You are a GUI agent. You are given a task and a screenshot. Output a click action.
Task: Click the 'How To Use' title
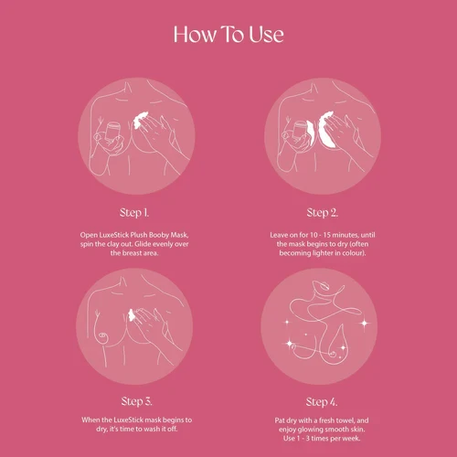coord(228,34)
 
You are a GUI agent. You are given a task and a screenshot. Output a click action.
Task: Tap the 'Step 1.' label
coord(134,213)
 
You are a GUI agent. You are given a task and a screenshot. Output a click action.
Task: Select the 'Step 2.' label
coord(323,213)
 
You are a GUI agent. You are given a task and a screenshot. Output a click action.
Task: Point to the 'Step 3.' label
coord(136,401)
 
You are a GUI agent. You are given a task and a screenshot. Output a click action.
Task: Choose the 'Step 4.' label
coord(322,402)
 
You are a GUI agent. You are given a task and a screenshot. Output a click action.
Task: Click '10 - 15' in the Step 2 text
coord(320,235)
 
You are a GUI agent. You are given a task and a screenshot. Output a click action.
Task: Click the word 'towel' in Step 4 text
coord(345,420)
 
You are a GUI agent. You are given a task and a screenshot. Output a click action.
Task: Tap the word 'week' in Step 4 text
coord(353,439)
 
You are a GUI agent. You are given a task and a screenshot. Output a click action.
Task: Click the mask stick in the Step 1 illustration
coord(112,132)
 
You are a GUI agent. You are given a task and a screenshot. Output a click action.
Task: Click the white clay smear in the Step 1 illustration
coord(141,120)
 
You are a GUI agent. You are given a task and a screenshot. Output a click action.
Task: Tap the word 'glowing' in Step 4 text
coord(310,430)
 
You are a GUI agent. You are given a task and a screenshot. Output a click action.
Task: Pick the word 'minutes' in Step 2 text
coord(345,235)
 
